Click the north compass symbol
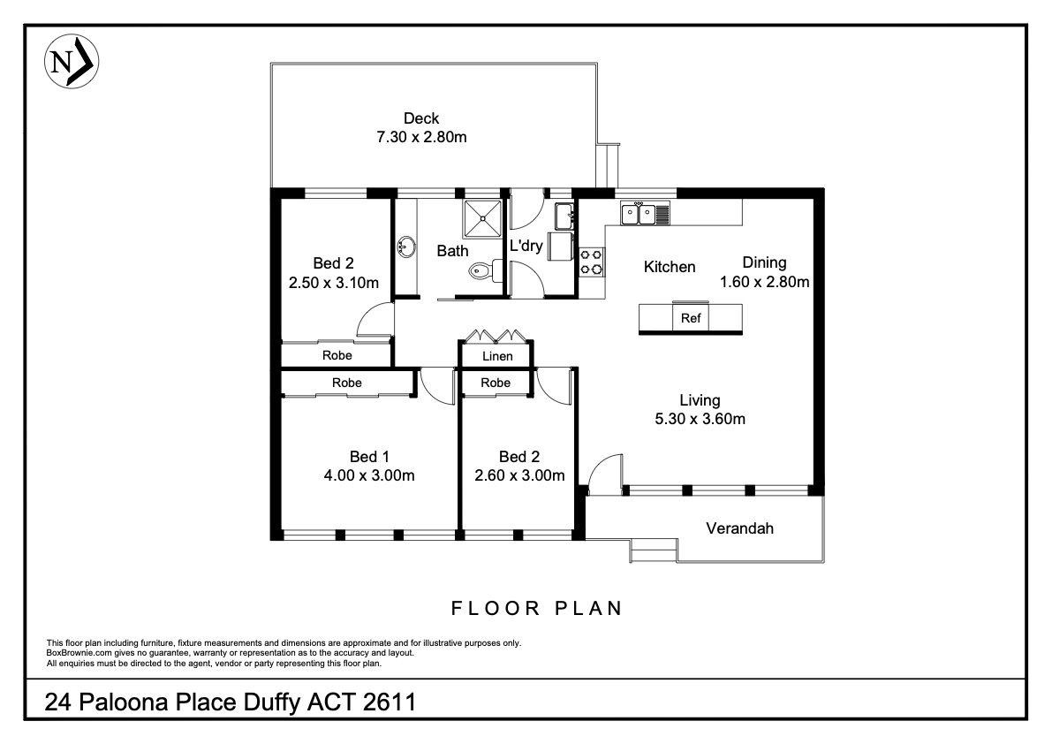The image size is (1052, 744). pyautogui.click(x=72, y=62)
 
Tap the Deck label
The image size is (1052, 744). pyautogui.click(x=421, y=118)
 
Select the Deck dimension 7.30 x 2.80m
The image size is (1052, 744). pyautogui.click(x=421, y=138)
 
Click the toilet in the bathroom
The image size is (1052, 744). pyautogui.click(x=481, y=271)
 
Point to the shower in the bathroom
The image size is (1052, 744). pyautogui.click(x=481, y=218)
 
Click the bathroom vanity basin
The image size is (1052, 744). pyautogui.click(x=405, y=247)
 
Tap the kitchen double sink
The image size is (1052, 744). pyautogui.click(x=638, y=214)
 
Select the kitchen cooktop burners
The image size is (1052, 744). pyautogui.click(x=592, y=262)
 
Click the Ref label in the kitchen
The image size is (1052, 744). pyautogui.click(x=691, y=318)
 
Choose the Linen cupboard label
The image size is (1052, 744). pyautogui.click(x=497, y=356)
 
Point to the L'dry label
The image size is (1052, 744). pyautogui.click(x=526, y=246)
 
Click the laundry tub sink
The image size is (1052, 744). pyautogui.click(x=564, y=216)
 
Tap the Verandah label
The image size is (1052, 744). pyautogui.click(x=739, y=528)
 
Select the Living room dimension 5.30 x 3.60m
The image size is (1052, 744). pyautogui.click(x=700, y=420)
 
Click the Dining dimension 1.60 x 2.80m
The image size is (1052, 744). pyautogui.click(x=764, y=283)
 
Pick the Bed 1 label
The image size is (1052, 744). pyautogui.click(x=369, y=457)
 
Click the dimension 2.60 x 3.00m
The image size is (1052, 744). pyautogui.click(x=519, y=475)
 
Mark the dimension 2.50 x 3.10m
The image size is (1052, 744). pyautogui.click(x=334, y=283)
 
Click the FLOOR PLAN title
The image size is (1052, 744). pyautogui.click(x=537, y=609)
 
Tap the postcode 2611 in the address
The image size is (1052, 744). pyautogui.click(x=390, y=702)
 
